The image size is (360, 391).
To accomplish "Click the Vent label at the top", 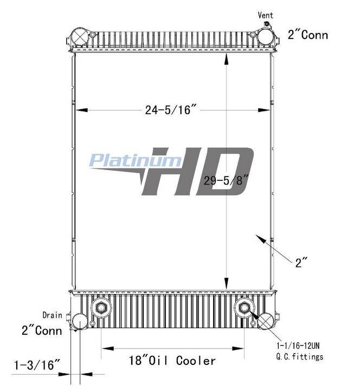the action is coord(265,15).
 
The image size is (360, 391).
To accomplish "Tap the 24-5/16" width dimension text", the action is coord(171,110).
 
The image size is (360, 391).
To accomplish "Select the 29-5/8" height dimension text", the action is coord(227,180).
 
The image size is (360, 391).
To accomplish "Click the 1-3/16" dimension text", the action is coord(37,365).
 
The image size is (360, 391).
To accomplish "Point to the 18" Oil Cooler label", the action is coord(172,361).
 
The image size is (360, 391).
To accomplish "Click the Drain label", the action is coord(53,315).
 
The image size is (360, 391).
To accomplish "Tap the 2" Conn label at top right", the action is coord(308,35).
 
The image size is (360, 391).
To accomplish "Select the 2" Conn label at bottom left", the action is coord(42,331).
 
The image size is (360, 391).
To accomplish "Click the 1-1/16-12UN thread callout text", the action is coord(298,346).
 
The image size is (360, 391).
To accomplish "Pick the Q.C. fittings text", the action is coord(300,356).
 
